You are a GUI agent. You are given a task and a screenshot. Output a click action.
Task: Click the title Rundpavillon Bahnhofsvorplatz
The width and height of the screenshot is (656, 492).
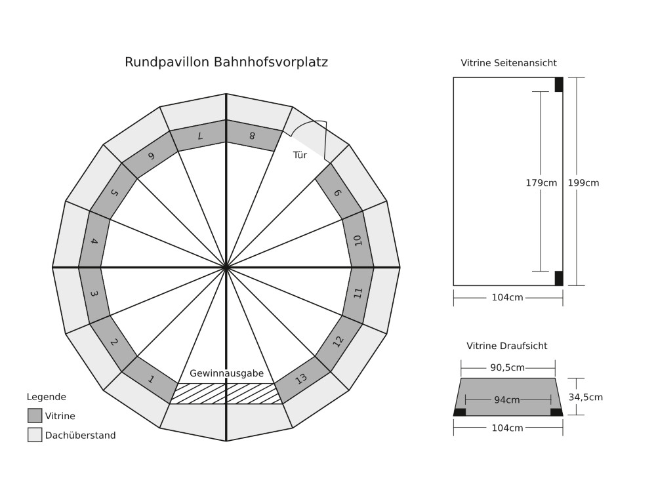coord(226,62)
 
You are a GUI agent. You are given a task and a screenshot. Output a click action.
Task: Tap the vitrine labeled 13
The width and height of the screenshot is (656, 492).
coord(301,379)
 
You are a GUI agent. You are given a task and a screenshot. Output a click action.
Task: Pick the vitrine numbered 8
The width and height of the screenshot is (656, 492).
coord(252,136)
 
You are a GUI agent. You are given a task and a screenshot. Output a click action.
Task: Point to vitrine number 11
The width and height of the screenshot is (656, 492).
coord(358,293)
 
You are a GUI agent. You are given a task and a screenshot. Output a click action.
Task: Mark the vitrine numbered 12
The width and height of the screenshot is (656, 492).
coord(338,341)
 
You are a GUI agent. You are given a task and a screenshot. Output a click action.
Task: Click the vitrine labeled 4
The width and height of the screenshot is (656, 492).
coord(94,241)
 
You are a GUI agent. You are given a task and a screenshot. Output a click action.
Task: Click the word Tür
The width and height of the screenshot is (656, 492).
coord(300,155)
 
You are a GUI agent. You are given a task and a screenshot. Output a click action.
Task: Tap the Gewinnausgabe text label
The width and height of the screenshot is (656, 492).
coord(226,373)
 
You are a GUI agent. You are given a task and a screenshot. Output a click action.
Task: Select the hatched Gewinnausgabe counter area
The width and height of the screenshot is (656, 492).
coord(226,394)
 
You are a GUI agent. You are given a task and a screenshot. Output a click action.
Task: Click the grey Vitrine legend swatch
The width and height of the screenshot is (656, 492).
coord(35,416)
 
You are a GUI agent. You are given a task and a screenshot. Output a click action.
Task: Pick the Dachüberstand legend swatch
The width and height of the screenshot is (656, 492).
coord(35,435)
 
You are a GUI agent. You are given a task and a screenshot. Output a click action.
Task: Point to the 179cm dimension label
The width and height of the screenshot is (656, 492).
coord(541,183)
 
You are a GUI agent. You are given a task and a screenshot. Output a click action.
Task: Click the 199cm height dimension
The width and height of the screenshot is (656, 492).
coord(583,183)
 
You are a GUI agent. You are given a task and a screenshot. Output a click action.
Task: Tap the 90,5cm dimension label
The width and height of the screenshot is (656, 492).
coord(507,368)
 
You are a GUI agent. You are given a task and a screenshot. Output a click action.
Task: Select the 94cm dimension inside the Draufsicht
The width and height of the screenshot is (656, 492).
coord(507,400)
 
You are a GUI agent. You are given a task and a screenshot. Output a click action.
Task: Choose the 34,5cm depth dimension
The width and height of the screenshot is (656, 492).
coord(585,397)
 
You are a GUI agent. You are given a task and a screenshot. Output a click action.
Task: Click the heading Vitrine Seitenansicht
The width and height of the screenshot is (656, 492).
coord(508,64)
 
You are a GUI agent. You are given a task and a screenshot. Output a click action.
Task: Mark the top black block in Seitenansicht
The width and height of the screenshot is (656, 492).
coord(559,85)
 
